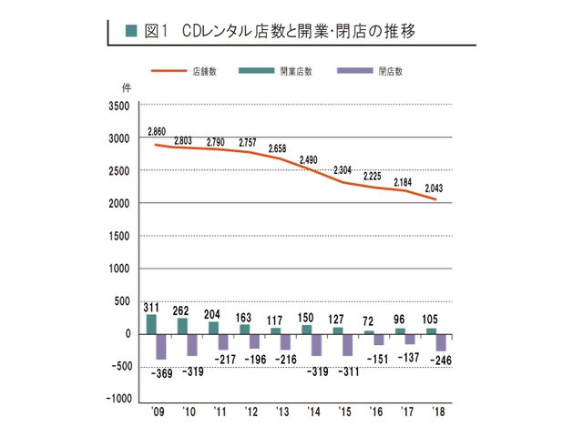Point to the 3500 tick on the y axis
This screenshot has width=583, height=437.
tap(118, 106)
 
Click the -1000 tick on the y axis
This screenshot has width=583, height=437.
tap(117, 399)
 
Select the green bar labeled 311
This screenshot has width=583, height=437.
tap(151, 323)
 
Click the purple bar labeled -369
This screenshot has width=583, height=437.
tap(161, 346)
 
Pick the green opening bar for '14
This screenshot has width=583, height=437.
tap(306, 329)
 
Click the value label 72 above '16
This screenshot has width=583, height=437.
tap(368, 322)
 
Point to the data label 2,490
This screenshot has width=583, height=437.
tap(307, 158)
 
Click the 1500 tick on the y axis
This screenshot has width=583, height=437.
tap(118, 236)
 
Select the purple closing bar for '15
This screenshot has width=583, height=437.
tap(347, 344)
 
